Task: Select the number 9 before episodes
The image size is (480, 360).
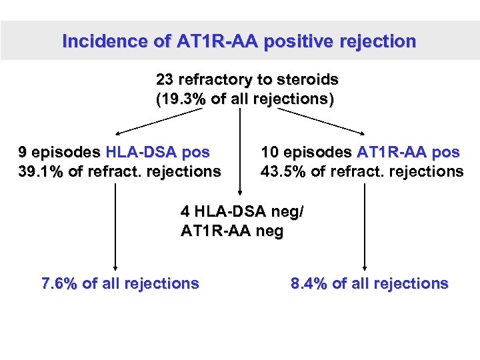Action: click(23, 152)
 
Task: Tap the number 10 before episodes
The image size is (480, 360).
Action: click(270, 152)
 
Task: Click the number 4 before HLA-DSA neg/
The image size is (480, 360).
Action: click(185, 212)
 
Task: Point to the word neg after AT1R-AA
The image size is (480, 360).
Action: click(271, 231)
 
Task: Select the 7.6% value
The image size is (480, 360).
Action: click(60, 283)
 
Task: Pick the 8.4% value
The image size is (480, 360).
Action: click(309, 283)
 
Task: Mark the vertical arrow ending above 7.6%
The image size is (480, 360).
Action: click(116, 227)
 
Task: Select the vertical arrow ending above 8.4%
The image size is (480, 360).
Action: click(365, 227)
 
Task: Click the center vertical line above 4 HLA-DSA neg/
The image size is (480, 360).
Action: click(240, 153)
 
